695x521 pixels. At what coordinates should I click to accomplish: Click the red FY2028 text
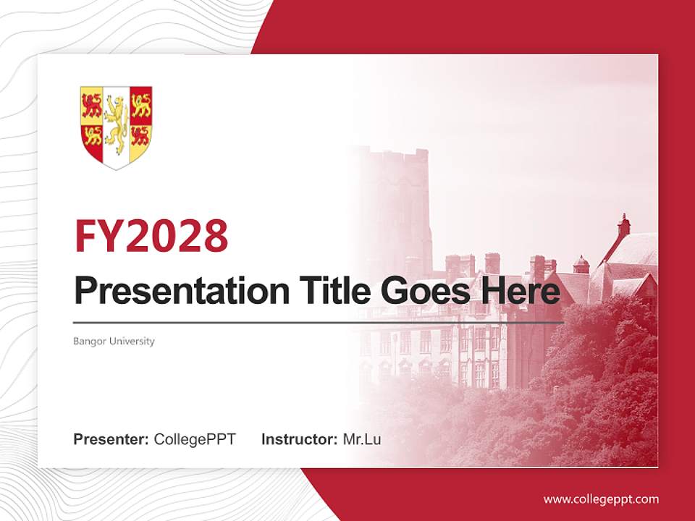coord(151,235)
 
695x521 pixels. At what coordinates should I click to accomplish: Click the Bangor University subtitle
coord(114,341)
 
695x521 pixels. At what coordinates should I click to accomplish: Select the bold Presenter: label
coord(111,439)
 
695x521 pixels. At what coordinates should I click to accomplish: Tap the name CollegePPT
coord(195,439)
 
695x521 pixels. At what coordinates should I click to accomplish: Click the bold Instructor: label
coord(299,439)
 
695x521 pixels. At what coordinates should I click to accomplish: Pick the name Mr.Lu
coord(362,439)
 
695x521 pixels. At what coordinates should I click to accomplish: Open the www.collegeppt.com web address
coord(601,499)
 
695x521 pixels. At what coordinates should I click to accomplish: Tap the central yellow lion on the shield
coord(116,123)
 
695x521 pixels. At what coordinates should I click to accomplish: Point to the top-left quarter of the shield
coord(91,106)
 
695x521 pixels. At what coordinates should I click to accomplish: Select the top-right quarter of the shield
coord(140,106)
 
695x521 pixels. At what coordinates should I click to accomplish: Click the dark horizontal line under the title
coord(319,322)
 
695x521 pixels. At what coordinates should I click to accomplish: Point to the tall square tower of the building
coord(397,195)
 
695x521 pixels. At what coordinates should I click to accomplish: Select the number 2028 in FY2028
coord(177,235)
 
